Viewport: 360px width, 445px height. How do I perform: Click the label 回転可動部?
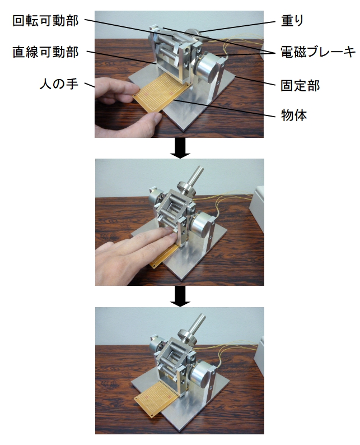click(x=45, y=21)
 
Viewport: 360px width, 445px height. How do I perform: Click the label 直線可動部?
click(x=45, y=52)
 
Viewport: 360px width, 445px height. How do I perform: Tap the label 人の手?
click(x=59, y=84)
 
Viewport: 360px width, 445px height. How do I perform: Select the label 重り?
click(x=292, y=21)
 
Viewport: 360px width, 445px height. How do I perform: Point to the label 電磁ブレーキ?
click(x=318, y=52)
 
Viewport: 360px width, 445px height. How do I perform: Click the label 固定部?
click(x=300, y=85)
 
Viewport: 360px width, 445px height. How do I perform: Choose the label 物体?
click(x=294, y=115)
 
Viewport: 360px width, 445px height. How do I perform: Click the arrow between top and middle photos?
click(x=180, y=148)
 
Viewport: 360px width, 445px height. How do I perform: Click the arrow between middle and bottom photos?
click(x=180, y=296)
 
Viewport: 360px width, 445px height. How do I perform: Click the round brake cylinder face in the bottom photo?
click(x=200, y=374)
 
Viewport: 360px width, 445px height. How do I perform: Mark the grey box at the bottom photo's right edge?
click(x=259, y=355)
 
